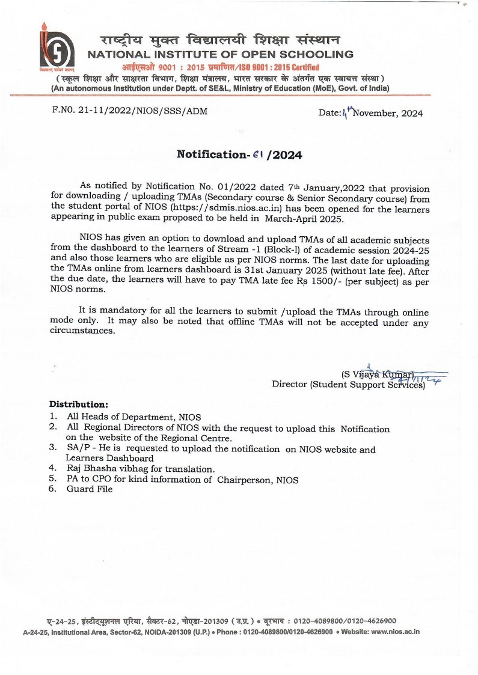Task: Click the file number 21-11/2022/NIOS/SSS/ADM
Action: (143, 112)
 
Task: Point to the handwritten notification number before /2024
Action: (259, 154)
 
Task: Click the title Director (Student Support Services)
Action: (348, 384)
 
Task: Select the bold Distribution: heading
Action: (78, 404)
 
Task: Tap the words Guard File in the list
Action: (90, 489)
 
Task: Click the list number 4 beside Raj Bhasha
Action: (53, 469)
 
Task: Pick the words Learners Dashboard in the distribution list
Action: (110, 459)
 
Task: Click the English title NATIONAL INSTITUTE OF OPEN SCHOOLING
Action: (221, 55)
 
